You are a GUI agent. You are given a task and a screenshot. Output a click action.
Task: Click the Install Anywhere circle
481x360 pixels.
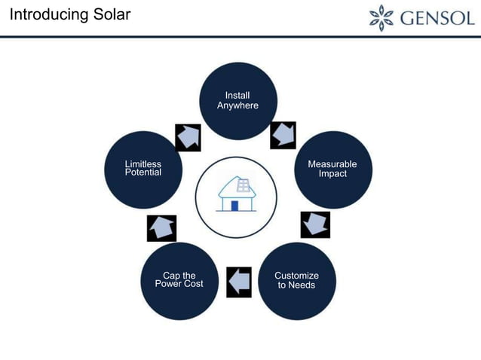[x=237, y=101]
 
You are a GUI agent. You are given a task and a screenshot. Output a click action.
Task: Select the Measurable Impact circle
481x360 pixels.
[x=332, y=169]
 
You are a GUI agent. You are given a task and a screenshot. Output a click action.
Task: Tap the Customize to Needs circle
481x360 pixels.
[x=296, y=281]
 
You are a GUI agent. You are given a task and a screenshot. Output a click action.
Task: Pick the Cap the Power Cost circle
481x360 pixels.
[x=179, y=281]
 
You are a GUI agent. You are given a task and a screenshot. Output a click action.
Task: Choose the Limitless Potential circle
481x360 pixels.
[x=143, y=169]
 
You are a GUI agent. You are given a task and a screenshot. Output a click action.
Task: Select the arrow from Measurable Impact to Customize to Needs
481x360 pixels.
[x=315, y=224]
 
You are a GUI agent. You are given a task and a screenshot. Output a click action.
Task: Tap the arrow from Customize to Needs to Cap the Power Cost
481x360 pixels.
[x=238, y=282]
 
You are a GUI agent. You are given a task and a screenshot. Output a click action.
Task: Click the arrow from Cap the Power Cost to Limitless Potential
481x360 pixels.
[x=161, y=227]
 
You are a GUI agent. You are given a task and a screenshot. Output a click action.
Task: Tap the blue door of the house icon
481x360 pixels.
[x=234, y=206]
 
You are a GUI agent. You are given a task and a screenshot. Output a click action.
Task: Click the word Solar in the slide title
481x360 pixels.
[x=110, y=15]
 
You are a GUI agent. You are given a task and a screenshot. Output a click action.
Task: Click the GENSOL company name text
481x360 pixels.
[x=438, y=17]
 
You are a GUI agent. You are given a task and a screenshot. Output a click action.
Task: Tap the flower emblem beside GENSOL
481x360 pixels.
[x=381, y=17]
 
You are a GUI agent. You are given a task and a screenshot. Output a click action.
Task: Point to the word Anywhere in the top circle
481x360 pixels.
[x=237, y=105]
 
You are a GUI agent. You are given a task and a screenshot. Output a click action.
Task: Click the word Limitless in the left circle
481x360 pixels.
[x=143, y=164]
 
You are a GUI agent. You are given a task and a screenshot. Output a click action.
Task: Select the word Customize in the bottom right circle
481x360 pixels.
[x=296, y=276]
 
